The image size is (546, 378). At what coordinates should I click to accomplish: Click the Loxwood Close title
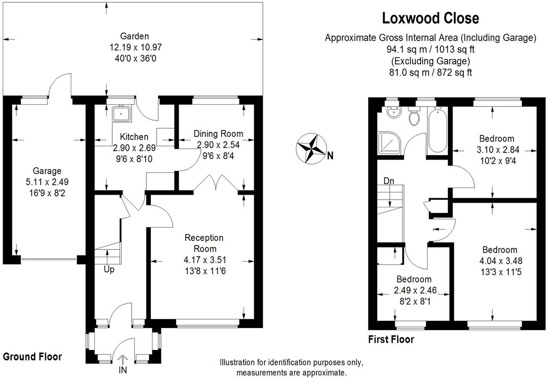430,18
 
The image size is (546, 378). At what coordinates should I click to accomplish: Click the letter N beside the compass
330,156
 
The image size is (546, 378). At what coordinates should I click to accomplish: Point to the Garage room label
47,171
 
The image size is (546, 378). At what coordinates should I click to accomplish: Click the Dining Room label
218,134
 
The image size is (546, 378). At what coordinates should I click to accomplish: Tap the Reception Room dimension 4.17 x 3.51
205,260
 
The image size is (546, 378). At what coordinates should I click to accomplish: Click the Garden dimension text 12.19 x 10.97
135,47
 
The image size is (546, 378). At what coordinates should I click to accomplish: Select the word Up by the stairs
109,270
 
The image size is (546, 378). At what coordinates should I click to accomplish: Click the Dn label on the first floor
389,181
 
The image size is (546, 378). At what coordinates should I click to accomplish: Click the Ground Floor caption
32,357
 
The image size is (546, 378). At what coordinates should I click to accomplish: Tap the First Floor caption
391,340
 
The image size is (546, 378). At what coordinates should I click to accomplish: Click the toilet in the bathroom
414,116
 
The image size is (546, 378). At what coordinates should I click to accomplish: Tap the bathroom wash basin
393,113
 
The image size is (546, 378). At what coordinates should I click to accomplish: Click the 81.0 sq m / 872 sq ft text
430,73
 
